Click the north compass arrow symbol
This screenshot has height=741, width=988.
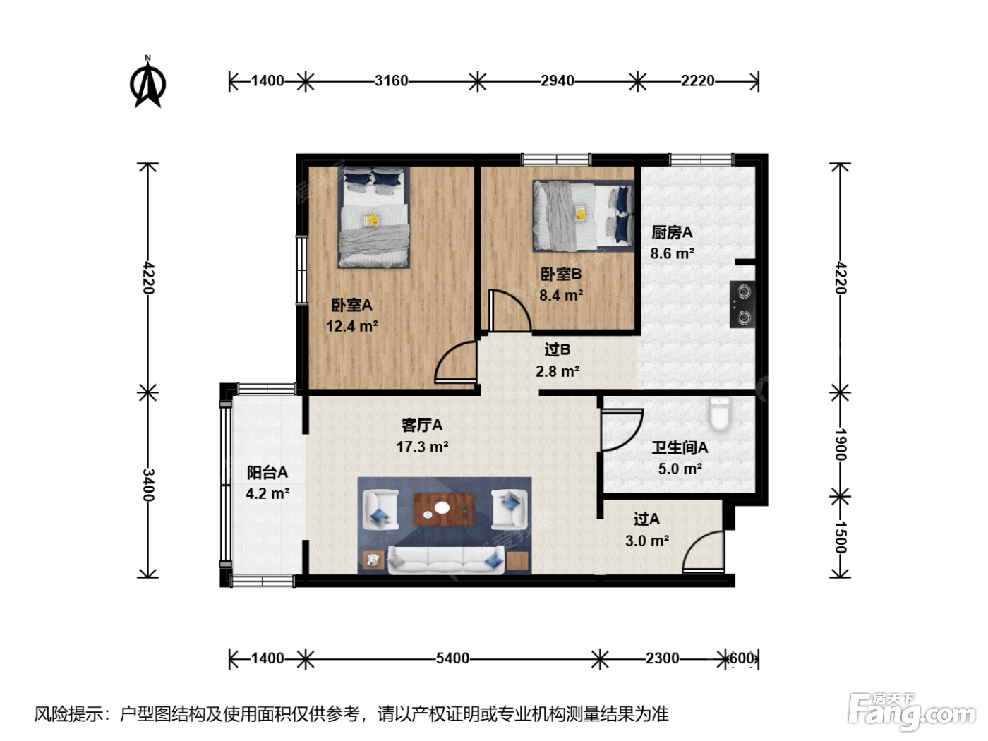click(x=147, y=83)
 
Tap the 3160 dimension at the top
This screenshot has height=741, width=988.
click(x=391, y=81)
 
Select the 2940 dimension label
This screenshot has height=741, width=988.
click(x=558, y=81)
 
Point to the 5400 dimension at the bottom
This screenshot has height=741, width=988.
click(x=452, y=658)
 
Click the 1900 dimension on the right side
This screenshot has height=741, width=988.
click(x=841, y=445)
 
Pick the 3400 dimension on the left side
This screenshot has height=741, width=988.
click(x=148, y=485)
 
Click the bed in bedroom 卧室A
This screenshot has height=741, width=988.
click(x=373, y=218)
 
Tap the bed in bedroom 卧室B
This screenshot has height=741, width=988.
click(x=583, y=216)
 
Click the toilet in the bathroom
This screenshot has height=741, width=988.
click(x=720, y=414)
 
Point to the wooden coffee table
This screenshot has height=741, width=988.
click(x=444, y=510)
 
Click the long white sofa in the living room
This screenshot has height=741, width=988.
click(x=445, y=560)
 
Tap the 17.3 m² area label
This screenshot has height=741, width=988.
click(x=422, y=447)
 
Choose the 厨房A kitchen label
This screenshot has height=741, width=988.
click(x=672, y=232)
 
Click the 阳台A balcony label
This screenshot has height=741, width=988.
click(x=267, y=472)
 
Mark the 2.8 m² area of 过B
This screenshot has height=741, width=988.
click(x=558, y=371)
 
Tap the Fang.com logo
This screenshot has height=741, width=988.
click(x=912, y=711)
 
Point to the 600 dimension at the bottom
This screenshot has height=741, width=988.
click(x=742, y=658)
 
